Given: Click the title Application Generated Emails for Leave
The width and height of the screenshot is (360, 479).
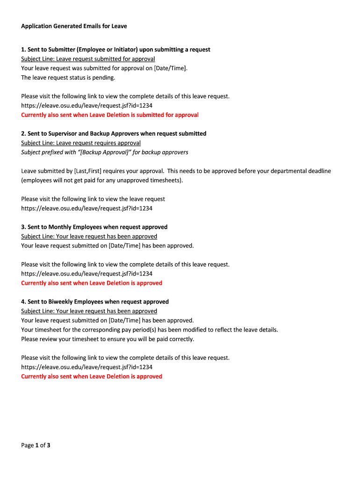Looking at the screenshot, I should (x=74, y=26).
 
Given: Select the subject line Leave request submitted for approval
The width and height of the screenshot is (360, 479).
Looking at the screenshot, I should (x=88, y=59).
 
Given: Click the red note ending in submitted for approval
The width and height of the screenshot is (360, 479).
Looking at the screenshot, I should (x=110, y=115).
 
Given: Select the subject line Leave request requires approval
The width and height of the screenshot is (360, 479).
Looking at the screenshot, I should (x=81, y=143).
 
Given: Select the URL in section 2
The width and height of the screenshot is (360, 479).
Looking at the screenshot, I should (x=86, y=209).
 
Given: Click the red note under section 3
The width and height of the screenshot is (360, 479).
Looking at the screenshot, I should (x=92, y=283).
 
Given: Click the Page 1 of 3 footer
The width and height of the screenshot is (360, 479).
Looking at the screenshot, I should (x=36, y=445).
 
